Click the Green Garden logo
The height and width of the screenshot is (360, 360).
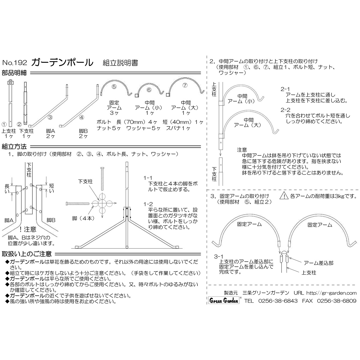coord(224,301)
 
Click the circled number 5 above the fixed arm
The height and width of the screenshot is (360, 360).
coord(114,87)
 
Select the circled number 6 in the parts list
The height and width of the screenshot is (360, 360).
coord(149,90)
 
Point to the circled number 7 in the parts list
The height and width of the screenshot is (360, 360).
coord(185,85)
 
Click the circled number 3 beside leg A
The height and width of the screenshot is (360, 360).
coord(50,117)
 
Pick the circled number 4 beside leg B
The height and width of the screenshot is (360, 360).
coord(82,117)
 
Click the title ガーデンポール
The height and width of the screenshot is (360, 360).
coord(62,63)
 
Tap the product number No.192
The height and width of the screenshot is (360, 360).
coord(15,63)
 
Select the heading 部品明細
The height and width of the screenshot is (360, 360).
coord(14,73)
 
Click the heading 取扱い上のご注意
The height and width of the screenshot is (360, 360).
coord(26,254)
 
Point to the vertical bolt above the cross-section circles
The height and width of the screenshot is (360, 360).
coord(102,179)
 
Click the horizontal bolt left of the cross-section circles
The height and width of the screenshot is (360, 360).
coord(78,203)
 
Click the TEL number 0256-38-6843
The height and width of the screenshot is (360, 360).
coord(278,301)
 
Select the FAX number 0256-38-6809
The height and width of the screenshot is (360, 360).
coord(337,301)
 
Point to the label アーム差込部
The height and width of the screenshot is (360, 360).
coord(319,263)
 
